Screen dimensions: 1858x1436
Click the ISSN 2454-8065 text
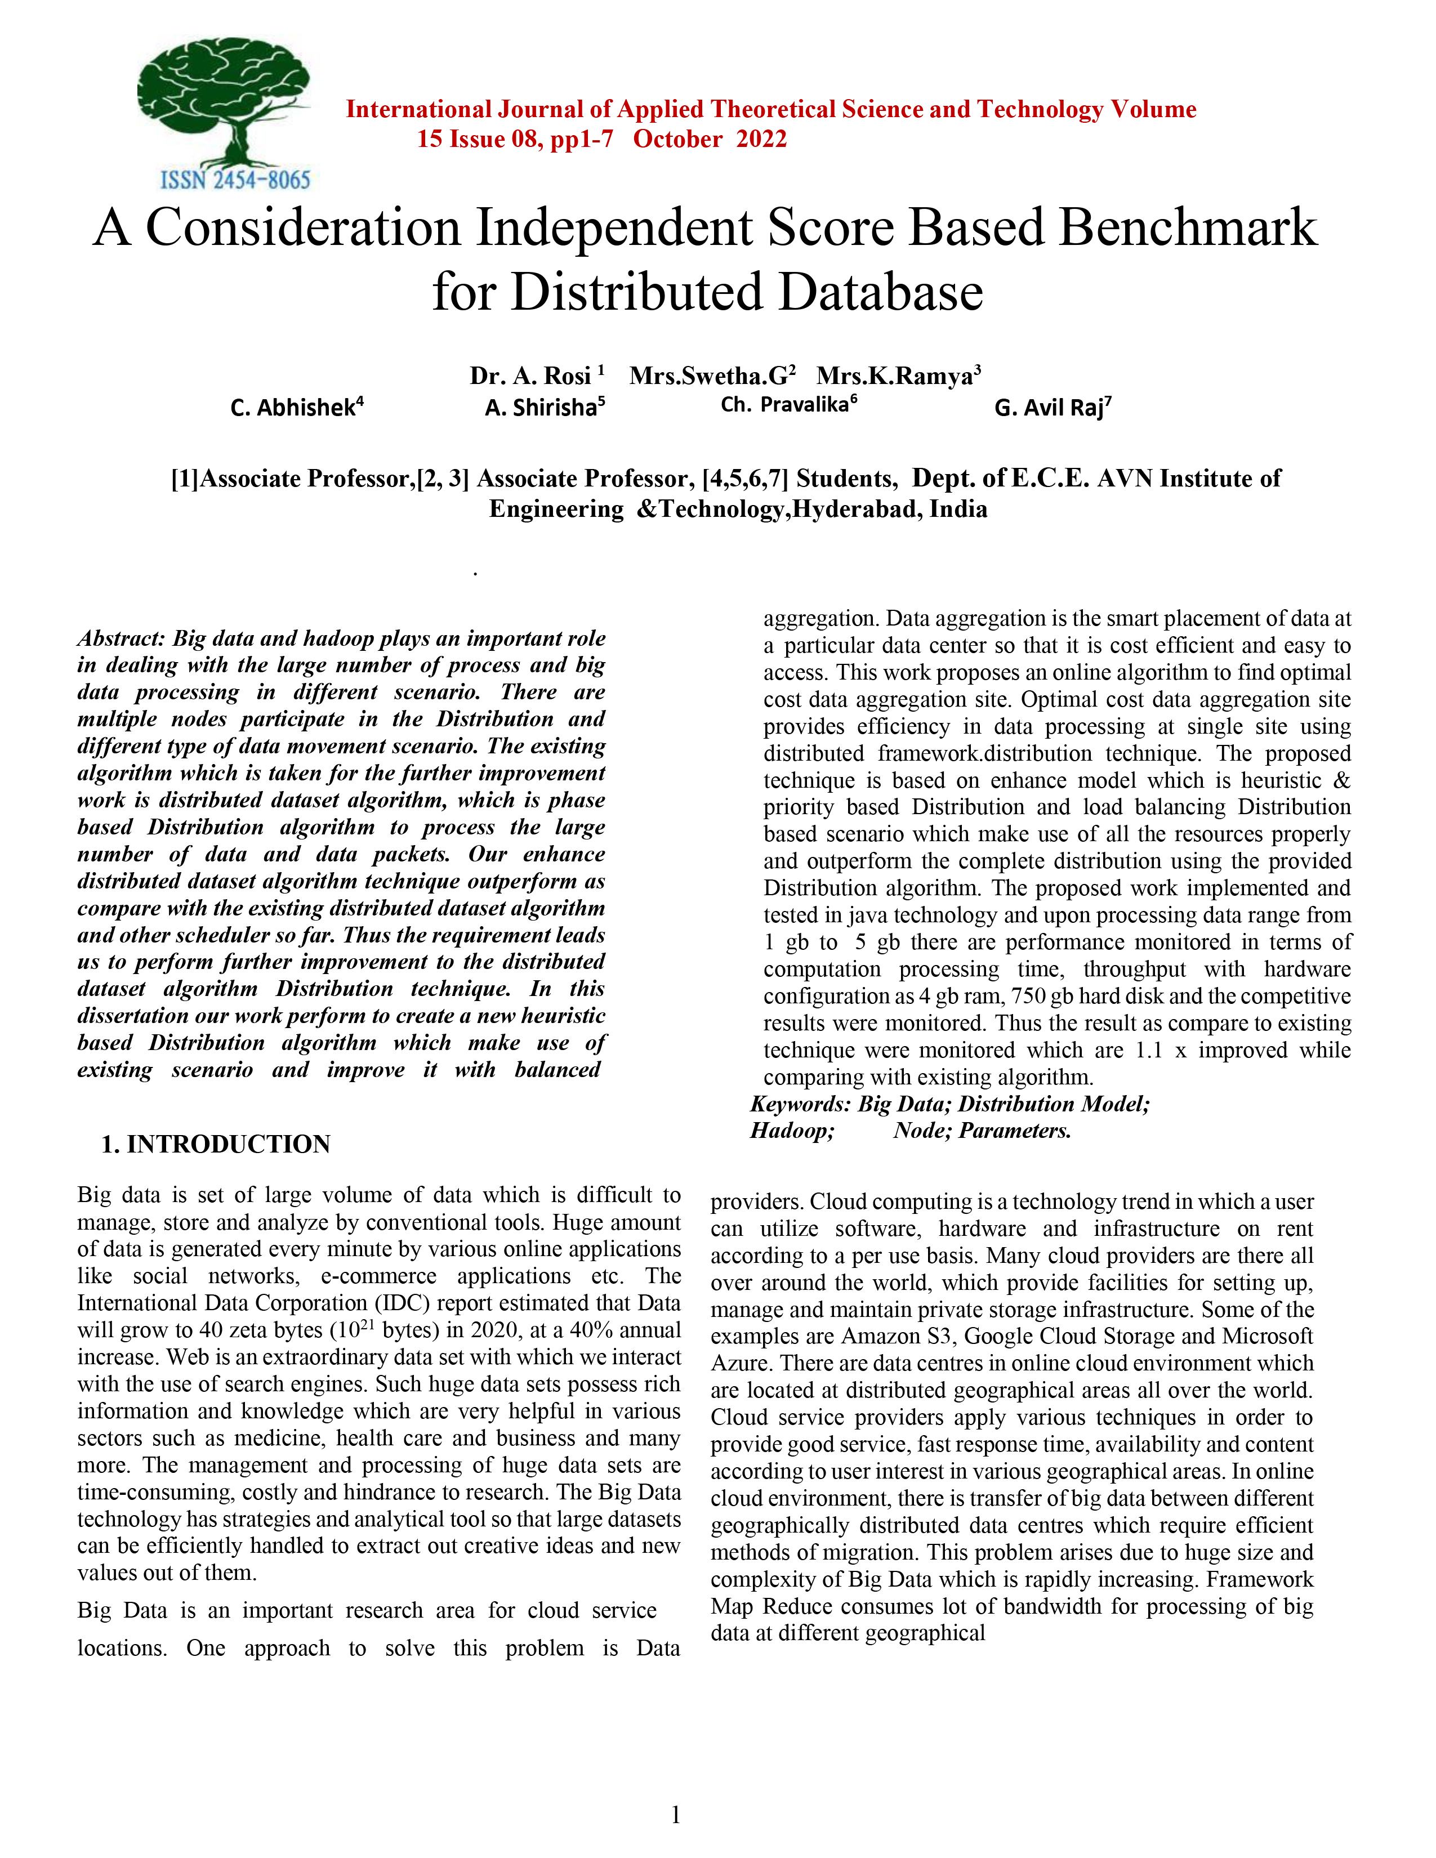[x=235, y=180]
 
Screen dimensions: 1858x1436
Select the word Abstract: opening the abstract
[x=121, y=638]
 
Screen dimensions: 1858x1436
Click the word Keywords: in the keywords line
[x=800, y=1104]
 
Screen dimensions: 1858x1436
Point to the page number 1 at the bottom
[x=675, y=1815]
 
